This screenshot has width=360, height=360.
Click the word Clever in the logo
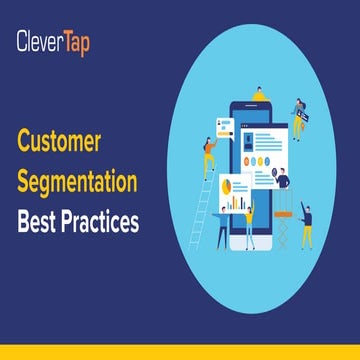tap(38, 41)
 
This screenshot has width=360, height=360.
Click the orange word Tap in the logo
tap(73, 41)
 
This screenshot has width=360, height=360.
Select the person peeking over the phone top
tap(258, 95)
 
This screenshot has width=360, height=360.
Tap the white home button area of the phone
tap(258, 239)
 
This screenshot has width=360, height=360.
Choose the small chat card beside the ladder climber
tap(225, 128)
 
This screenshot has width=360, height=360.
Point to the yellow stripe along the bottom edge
tap(180, 353)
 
